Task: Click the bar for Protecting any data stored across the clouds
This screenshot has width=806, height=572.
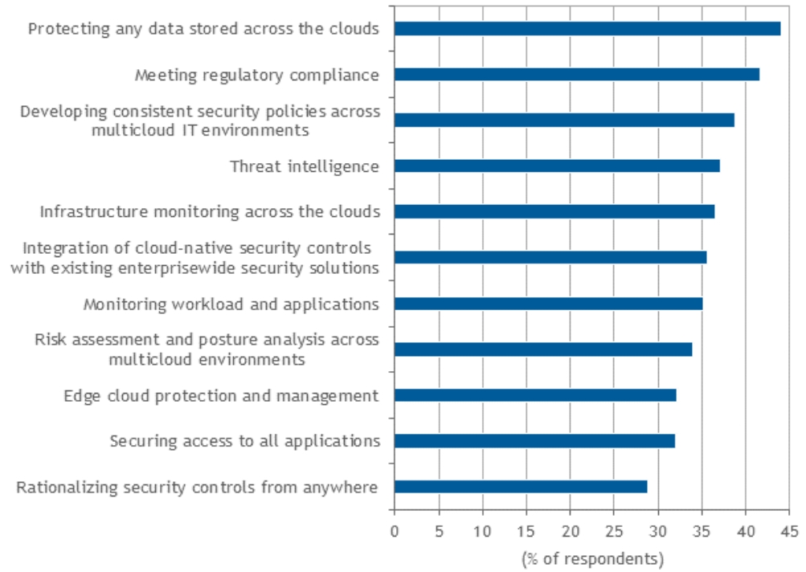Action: (587, 29)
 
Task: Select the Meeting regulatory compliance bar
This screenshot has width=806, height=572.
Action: (576, 75)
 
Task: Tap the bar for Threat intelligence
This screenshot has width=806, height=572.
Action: (556, 166)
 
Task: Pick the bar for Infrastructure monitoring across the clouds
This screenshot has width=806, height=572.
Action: (554, 212)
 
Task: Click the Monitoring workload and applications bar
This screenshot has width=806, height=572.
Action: (548, 304)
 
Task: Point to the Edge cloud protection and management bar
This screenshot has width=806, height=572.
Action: (534, 395)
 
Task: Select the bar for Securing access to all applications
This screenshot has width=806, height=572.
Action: (534, 441)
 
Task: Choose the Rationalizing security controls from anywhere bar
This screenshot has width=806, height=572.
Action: (520, 487)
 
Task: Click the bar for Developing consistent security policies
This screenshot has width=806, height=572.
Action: (563, 121)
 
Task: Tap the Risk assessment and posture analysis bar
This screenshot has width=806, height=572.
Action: (542, 349)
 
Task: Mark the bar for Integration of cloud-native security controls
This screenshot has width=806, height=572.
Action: (550, 258)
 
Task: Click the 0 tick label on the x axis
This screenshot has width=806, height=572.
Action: (394, 531)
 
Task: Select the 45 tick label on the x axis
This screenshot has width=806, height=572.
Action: (789, 531)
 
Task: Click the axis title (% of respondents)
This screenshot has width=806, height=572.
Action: (592, 557)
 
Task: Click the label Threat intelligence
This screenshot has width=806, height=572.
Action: (304, 166)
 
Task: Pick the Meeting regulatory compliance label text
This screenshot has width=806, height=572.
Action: (256, 76)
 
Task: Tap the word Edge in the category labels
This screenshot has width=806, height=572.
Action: (80, 396)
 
